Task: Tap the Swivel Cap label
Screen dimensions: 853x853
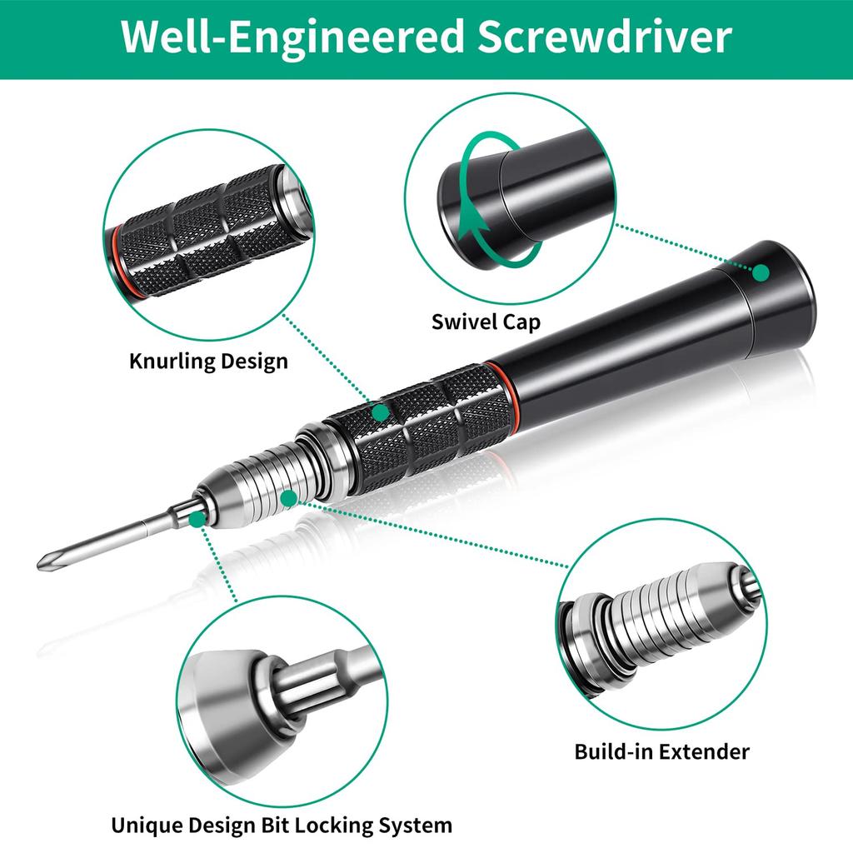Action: click(486, 322)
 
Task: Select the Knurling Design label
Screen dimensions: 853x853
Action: click(208, 362)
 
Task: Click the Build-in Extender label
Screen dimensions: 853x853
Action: click(661, 751)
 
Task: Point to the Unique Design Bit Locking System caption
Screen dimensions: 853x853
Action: click(282, 826)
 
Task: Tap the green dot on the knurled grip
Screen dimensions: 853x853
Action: click(381, 412)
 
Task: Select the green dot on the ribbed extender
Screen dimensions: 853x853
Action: click(288, 498)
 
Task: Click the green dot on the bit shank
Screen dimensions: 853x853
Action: click(197, 519)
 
